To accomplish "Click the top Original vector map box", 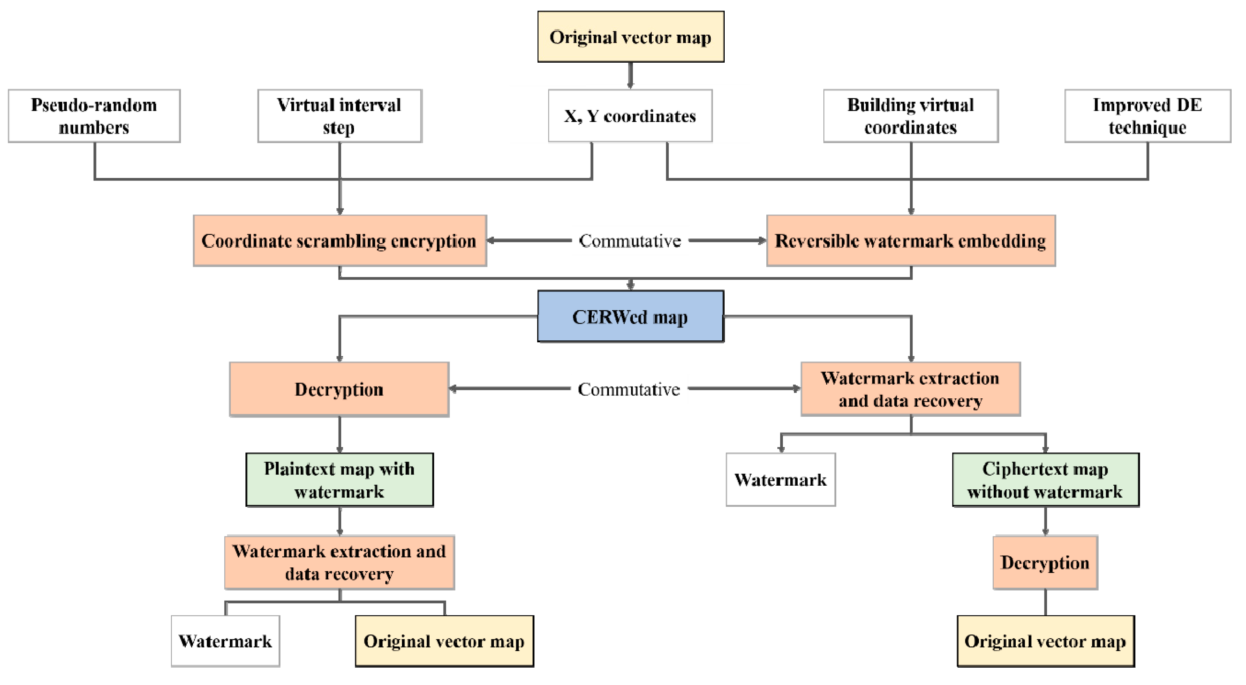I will point(630,37).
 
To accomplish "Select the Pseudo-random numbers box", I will point(94,116).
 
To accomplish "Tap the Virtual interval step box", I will point(340,116).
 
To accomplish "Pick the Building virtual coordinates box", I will point(910,116).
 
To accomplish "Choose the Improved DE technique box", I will point(1147,116).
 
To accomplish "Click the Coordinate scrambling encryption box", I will point(340,240).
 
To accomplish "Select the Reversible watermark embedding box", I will point(910,240).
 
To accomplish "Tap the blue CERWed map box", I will point(630,317).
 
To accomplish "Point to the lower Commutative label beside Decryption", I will point(629,389).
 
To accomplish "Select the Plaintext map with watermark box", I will point(340,479).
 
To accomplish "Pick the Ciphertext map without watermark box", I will point(1045,479).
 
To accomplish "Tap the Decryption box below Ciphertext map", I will point(1045,562).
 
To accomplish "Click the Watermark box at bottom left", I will point(225,641).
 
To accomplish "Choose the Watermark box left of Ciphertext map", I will point(780,479).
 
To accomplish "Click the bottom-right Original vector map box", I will point(1045,641).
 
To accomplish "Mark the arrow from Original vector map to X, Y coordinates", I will point(630,76).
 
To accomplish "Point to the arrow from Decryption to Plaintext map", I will point(340,434).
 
